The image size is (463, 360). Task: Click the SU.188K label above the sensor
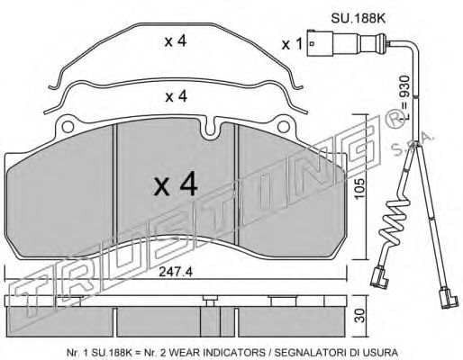pyautogui.click(x=358, y=19)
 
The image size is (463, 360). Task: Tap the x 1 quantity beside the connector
pyautogui.click(x=292, y=44)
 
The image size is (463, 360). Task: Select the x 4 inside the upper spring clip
pyautogui.click(x=176, y=41)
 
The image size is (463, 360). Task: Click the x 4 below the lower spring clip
pyautogui.click(x=177, y=96)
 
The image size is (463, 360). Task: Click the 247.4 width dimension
pyautogui.click(x=176, y=272)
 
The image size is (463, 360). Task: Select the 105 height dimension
pyautogui.click(x=359, y=188)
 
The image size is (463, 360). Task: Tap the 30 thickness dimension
pyautogui.click(x=359, y=315)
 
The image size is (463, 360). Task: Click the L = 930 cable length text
pyautogui.click(x=405, y=98)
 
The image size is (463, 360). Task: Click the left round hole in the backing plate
pyautogui.click(x=68, y=127)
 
